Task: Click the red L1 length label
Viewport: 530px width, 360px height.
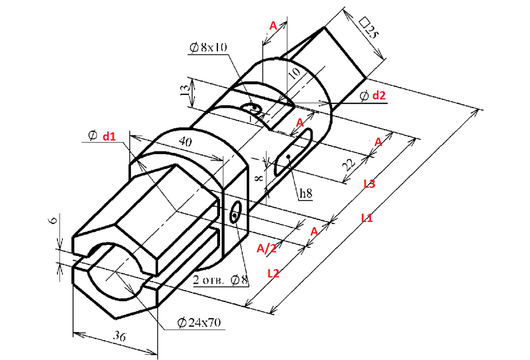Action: [x=367, y=218]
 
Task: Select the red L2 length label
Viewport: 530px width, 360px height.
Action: [x=273, y=273]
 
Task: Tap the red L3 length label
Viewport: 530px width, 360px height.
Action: [x=369, y=184]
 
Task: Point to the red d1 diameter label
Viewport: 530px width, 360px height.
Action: [x=109, y=136]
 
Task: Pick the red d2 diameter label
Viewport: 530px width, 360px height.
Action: [x=378, y=95]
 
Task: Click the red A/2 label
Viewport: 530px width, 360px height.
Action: [x=267, y=249]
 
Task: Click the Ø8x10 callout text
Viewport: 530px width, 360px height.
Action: [x=208, y=47]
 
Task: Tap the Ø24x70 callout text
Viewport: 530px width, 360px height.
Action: [x=199, y=322]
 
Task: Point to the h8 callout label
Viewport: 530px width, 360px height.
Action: [x=306, y=193]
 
